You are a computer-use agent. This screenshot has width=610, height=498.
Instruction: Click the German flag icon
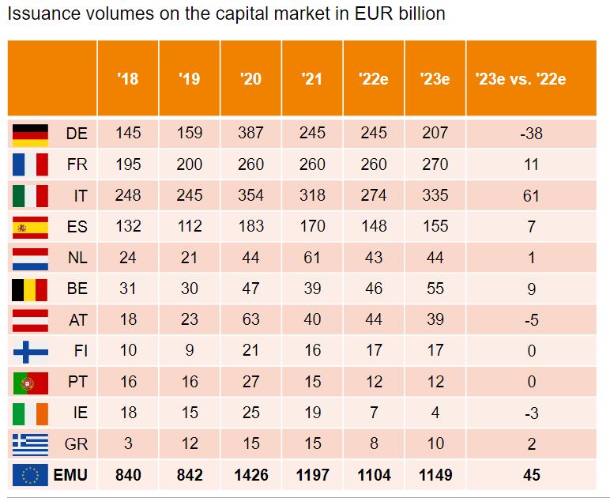point(30,134)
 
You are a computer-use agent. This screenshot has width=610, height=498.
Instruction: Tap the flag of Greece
point(30,443)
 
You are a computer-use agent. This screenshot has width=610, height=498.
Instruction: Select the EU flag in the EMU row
point(30,475)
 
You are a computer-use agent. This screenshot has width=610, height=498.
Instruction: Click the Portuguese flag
point(30,382)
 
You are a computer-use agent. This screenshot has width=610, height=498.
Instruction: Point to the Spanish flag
point(30,227)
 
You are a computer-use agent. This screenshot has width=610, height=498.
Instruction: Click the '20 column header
point(250,78)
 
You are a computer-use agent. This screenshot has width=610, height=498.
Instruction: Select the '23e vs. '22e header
point(531,78)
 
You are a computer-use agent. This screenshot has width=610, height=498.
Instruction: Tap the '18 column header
point(127,78)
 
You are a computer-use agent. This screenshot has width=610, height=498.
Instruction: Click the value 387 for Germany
point(250,134)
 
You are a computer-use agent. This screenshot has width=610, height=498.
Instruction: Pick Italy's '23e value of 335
point(435,195)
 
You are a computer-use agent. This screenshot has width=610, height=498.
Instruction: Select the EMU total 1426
point(250,475)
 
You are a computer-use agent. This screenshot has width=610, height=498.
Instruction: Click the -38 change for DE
point(531,134)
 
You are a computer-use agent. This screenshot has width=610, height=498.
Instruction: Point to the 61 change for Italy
point(531,195)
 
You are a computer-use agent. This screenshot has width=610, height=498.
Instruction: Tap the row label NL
point(77,258)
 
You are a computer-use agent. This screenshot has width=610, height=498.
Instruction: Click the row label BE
point(77,289)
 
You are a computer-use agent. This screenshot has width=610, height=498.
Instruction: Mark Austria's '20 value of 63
point(250,319)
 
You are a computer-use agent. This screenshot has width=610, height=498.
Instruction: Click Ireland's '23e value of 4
point(435,413)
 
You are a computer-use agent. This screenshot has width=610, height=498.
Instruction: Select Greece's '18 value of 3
point(127,443)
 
